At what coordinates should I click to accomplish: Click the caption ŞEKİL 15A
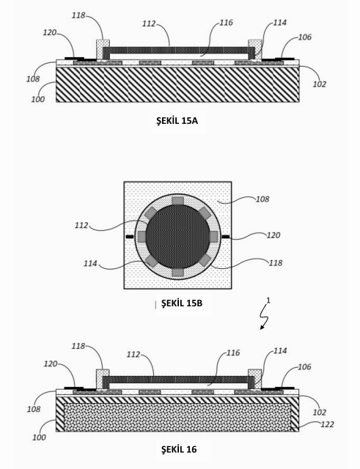pos(177,121)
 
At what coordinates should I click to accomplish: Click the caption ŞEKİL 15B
pos(182,303)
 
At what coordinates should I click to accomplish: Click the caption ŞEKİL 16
pos(179,449)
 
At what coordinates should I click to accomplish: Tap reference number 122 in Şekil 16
pos(327,424)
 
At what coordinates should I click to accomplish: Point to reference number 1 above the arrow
pos(268,300)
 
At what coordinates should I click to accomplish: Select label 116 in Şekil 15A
pos(226,23)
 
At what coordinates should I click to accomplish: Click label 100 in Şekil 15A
pos(38,99)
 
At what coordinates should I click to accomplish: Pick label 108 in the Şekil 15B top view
pos(262,199)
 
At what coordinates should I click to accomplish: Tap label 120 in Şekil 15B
pos(273,235)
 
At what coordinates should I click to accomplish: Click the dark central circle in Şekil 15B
pos(177,237)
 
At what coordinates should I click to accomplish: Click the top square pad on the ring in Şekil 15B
pos(177,202)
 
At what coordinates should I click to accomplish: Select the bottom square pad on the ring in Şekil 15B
pos(177,272)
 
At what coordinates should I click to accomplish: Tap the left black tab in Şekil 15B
pos(130,237)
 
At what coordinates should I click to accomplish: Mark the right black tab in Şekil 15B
pos(226,237)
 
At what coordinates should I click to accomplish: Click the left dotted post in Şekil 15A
pos(103,51)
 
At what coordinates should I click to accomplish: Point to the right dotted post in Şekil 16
pos(254,380)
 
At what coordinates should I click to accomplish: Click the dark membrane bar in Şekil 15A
pos(179,50)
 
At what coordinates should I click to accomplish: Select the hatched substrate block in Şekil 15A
pos(177,84)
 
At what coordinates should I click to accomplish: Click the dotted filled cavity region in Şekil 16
pos(177,417)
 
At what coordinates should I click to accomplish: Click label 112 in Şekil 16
pos(133,355)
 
